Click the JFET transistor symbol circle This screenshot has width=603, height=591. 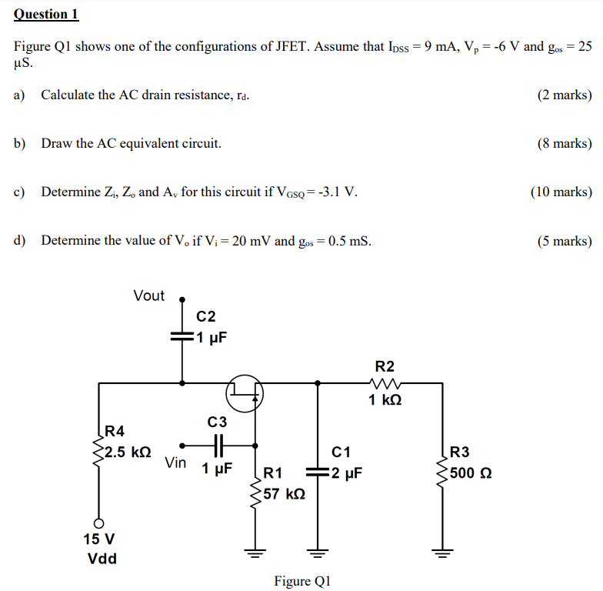[x=245, y=394]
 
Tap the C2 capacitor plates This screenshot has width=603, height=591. [x=182, y=337]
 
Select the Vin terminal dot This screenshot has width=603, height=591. [x=182, y=445]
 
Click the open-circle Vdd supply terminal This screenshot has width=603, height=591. [x=98, y=521]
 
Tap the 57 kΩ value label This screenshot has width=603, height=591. [x=284, y=493]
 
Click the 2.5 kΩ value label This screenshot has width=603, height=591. [x=128, y=452]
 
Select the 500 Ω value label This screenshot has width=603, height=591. [x=471, y=472]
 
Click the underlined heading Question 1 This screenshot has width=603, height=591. [x=46, y=14]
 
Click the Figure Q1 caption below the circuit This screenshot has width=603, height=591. [x=302, y=581]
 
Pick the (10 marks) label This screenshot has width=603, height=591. [x=561, y=192]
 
